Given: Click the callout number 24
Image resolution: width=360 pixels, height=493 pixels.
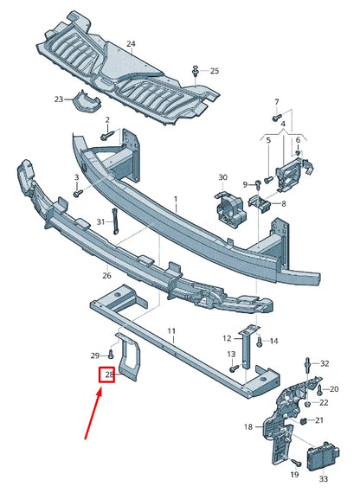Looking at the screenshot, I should coord(131,43).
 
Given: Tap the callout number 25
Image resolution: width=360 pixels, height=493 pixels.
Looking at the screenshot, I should coord(215,70).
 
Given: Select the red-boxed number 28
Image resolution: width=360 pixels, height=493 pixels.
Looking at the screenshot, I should coord(108,375).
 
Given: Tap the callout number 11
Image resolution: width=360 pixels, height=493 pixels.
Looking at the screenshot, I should coord(172,331).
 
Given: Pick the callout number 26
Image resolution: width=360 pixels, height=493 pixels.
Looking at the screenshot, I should coord(106,277).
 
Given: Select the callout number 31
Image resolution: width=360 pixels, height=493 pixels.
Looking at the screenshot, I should coord(100,222).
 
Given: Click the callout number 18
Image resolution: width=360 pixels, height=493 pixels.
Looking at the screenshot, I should coord(247,426).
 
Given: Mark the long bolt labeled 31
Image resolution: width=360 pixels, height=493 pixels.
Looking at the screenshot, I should coord(114,223).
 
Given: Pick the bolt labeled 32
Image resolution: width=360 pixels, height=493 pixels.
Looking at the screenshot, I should coord(307,363).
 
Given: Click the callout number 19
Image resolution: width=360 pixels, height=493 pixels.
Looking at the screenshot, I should coord(293,475).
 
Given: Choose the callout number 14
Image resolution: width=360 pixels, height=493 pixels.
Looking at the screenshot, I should coord(273,341).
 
